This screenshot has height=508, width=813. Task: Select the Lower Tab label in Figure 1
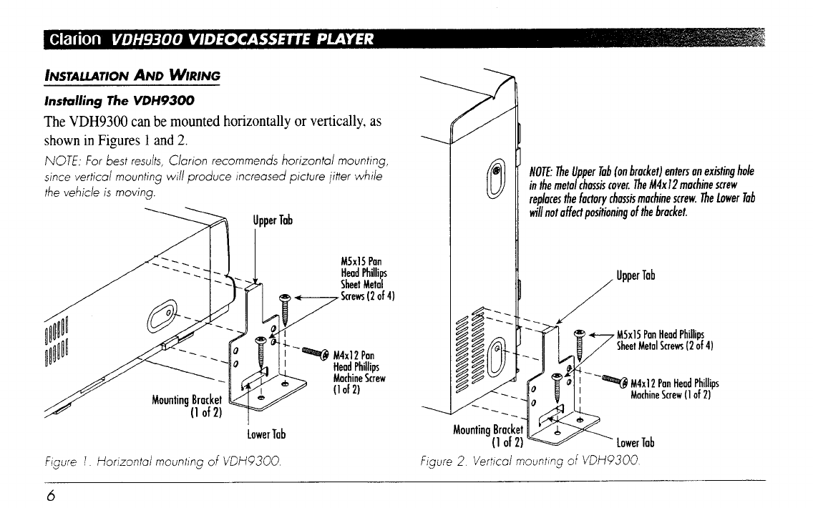[x=266, y=434]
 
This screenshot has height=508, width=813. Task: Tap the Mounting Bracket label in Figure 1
[x=188, y=406]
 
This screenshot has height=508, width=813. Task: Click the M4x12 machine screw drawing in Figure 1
[x=313, y=352]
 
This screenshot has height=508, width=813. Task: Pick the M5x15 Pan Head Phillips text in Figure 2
[x=661, y=341]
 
